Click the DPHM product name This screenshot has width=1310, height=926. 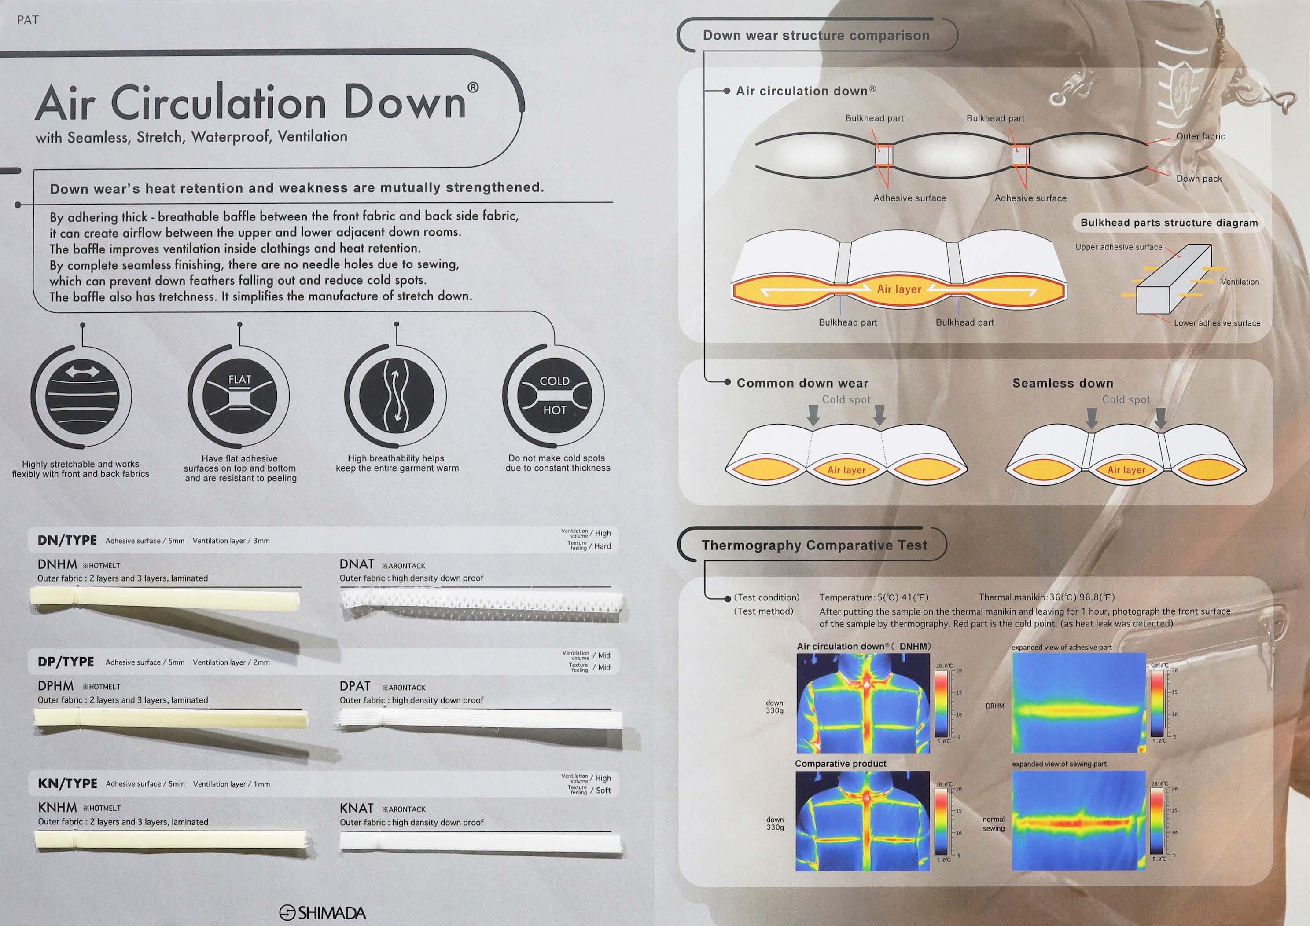coord(55,686)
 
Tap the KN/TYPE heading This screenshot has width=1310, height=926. coord(67,783)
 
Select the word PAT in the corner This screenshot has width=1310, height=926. coord(28,20)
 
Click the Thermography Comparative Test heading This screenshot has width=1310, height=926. coord(814,545)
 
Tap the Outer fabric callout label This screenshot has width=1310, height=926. coord(1200,136)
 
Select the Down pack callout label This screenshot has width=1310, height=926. coord(1199,179)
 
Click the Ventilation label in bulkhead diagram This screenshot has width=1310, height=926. coord(1240,282)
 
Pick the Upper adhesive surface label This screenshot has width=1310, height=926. coord(1118,247)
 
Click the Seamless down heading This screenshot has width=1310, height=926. coord(1062,383)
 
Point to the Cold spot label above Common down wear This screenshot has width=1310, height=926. coord(846,400)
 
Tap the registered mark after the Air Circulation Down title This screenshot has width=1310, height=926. coord(473,87)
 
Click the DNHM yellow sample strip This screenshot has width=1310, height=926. coord(166,599)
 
